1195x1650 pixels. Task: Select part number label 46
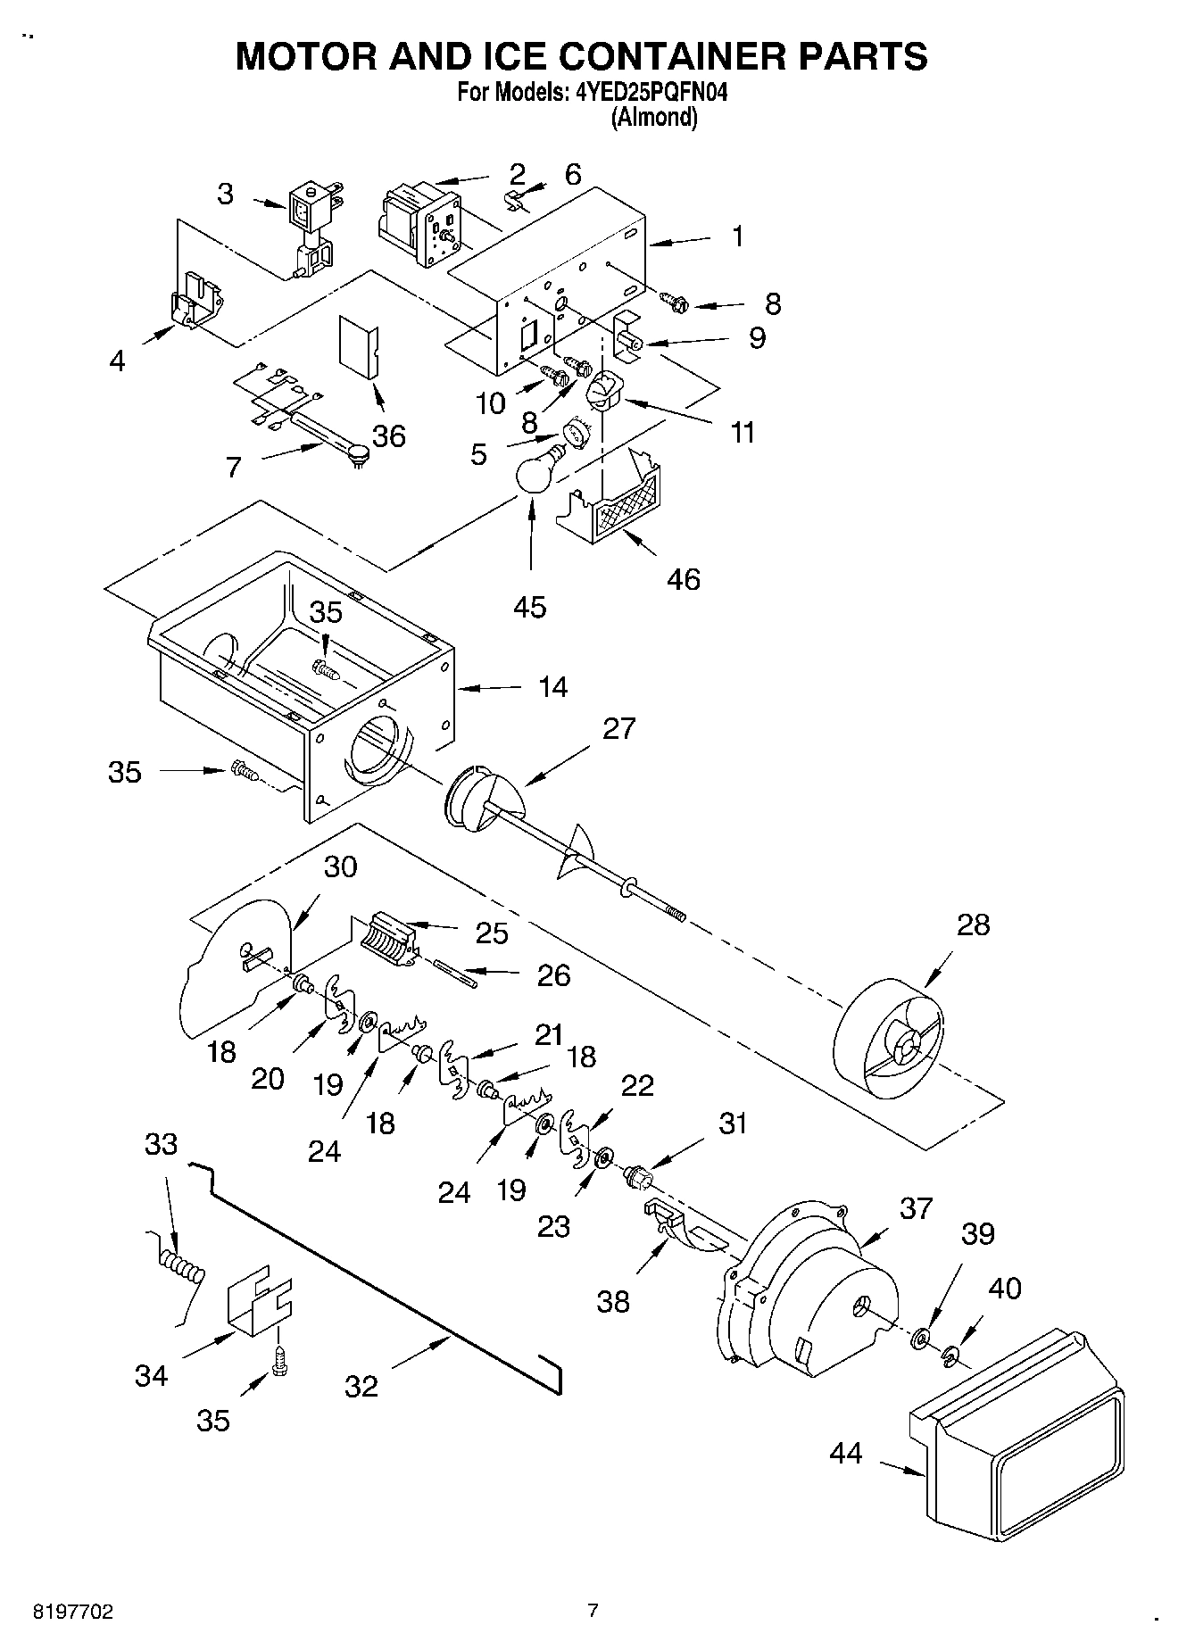click(x=683, y=579)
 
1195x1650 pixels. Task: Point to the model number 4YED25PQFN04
click(x=645, y=92)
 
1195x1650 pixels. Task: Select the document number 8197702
click(x=72, y=1612)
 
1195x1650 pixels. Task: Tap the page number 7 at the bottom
click(x=593, y=1611)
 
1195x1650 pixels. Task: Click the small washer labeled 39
click(x=920, y=1339)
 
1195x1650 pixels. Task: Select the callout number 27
click(x=618, y=728)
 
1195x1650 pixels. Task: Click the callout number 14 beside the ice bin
click(x=552, y=686)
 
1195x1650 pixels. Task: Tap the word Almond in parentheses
click(x=654, y=118)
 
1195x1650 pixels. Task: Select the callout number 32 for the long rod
click(x=361, y=1386)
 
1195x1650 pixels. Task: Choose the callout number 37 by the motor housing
click(x=915, y=1208)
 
